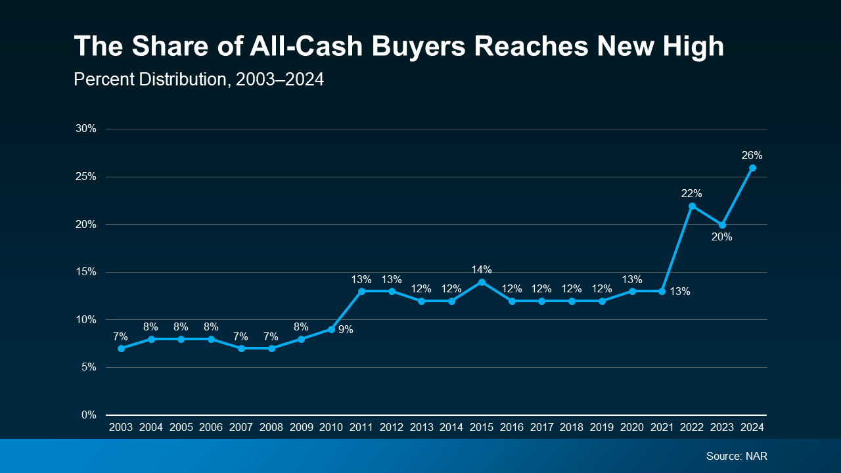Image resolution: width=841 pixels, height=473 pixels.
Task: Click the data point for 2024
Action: click(x=752, y=168)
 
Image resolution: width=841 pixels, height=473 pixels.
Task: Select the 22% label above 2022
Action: click(x=692, y=194)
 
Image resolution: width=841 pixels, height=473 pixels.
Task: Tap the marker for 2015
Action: click(x=482, y=282)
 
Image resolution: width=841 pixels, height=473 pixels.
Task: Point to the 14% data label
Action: click(x=482, y=269)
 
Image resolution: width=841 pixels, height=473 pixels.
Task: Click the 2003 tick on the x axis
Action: click(x=121, y=427)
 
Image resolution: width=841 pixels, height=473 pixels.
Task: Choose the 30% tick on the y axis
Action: click(x=86, y=129)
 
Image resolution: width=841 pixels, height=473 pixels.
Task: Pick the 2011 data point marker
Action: click(x=361, y=291)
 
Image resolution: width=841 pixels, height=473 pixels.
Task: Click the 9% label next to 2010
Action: click(x=346, y=330)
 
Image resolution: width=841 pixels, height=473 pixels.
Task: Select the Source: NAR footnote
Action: click(x=737, y=456)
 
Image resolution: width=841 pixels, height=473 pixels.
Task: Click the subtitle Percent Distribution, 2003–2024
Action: click(x=198, y=79)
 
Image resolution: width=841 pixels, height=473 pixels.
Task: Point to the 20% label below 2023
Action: click(x=721, y=237)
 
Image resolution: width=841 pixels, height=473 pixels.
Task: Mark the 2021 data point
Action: click(x=662, y=291)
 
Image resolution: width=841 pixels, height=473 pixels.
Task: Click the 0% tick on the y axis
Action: click(x=89, y=415)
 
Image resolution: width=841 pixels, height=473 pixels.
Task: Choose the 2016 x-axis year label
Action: click(x=512, y=427)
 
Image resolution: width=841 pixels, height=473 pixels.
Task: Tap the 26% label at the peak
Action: click(x=752, y=156)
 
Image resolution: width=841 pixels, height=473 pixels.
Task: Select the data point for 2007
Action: click(x=241, y=348)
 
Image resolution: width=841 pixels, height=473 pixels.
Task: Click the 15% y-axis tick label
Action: click(x=86, y=272)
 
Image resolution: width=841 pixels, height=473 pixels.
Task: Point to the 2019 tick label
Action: click(x=602, y=427)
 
